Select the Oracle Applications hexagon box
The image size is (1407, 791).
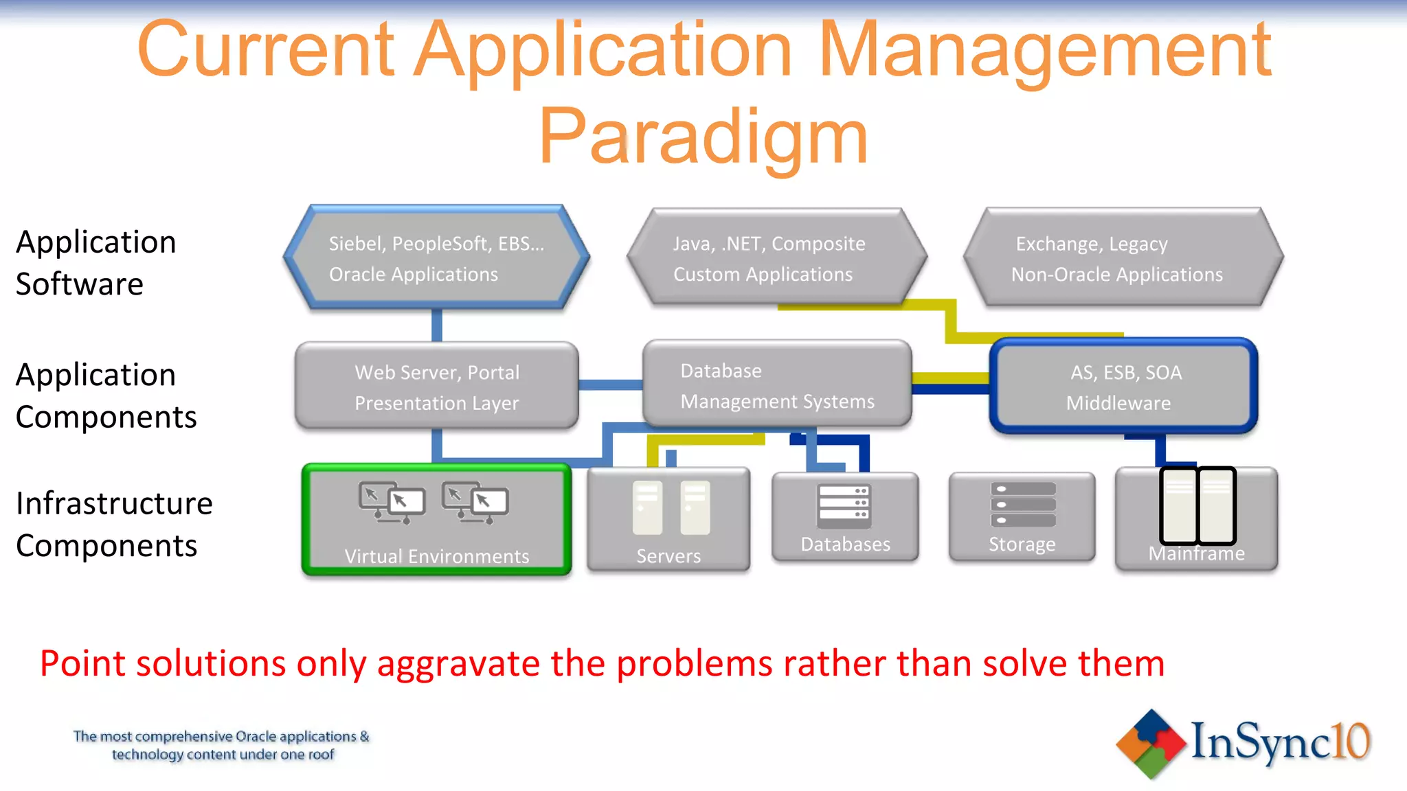pyautogui.click(x=436, y=257)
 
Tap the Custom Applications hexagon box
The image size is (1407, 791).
pyautogui.click(x=776, y=257)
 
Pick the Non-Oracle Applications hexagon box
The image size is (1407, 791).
pyautogui.click(x=1123, y=257)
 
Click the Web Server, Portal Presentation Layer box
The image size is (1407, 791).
pyautogui.click(x=436, y=387)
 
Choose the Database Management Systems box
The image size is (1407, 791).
pyautogui.click(x=776, y=385)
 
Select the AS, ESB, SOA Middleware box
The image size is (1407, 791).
pyautogui.click(x=1123, y=387)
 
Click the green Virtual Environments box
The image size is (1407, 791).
pyautogui.click(x=436, y=520)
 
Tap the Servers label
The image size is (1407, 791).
pyautogui.click(x=668, y=556)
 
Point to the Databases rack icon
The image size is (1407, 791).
pyautogui.click(x=844, y=507)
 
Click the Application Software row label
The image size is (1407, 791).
pyautogui.click(x=95, y=263)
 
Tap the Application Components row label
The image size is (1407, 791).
pyautogui.click(x=106, y=395)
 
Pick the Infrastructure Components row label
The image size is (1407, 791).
pyautogui.click(x=113, y=524)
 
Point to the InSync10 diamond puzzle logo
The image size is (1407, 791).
pyautogui.click(x=1151, y=744)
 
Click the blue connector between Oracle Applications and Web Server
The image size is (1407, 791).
pyautogui.click(x=436, y=325)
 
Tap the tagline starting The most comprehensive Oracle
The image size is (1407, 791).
pyautogui.click(x=221, y=745)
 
